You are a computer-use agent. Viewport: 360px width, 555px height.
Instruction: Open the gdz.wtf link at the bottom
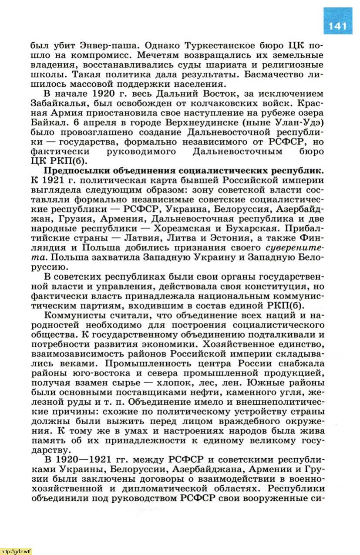coord(17,551)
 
